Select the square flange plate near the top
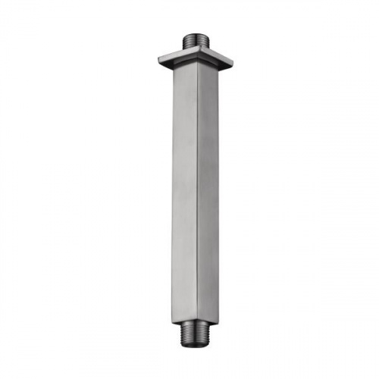click(x=196, y=58)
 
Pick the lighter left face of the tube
click(x=185, y=189)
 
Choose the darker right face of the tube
click(x=208, y=189)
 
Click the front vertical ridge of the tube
click(x=198, y=189)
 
